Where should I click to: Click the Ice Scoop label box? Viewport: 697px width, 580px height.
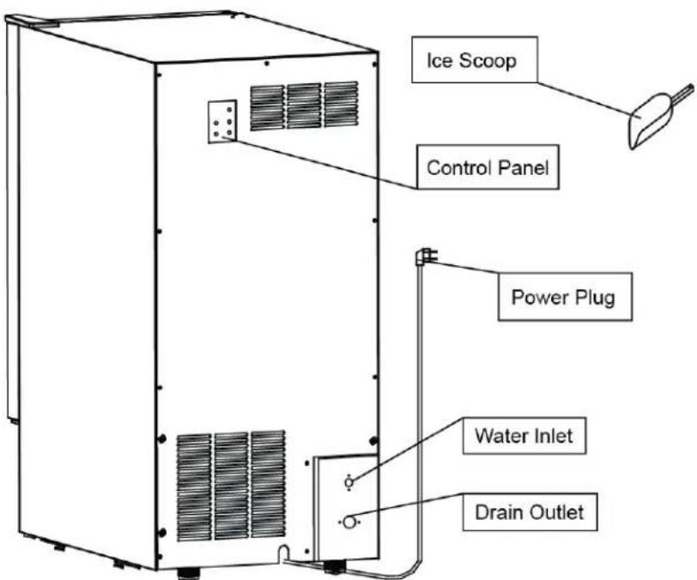pos(475,60)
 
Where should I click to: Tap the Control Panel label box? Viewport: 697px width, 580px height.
pos(488,167)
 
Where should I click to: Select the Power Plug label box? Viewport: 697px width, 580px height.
pos(565,297)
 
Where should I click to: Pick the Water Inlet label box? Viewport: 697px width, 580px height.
pos(524,436)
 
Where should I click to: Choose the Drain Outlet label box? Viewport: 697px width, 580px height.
pos(530,512)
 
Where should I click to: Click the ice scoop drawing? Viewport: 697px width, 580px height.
pos(658,117)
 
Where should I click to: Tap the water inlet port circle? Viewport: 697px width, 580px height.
pos(349,482)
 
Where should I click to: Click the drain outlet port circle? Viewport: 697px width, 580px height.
pos(350,523)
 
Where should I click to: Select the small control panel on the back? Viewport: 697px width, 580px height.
pos(222,122)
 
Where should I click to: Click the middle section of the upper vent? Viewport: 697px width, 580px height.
pos(304,106)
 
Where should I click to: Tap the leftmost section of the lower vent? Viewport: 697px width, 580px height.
pos(194,487)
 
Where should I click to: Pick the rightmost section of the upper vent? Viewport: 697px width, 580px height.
pos(341,105)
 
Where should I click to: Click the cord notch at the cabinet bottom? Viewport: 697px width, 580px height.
pos(282,553)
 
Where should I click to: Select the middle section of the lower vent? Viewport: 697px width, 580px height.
pos(231,486)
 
